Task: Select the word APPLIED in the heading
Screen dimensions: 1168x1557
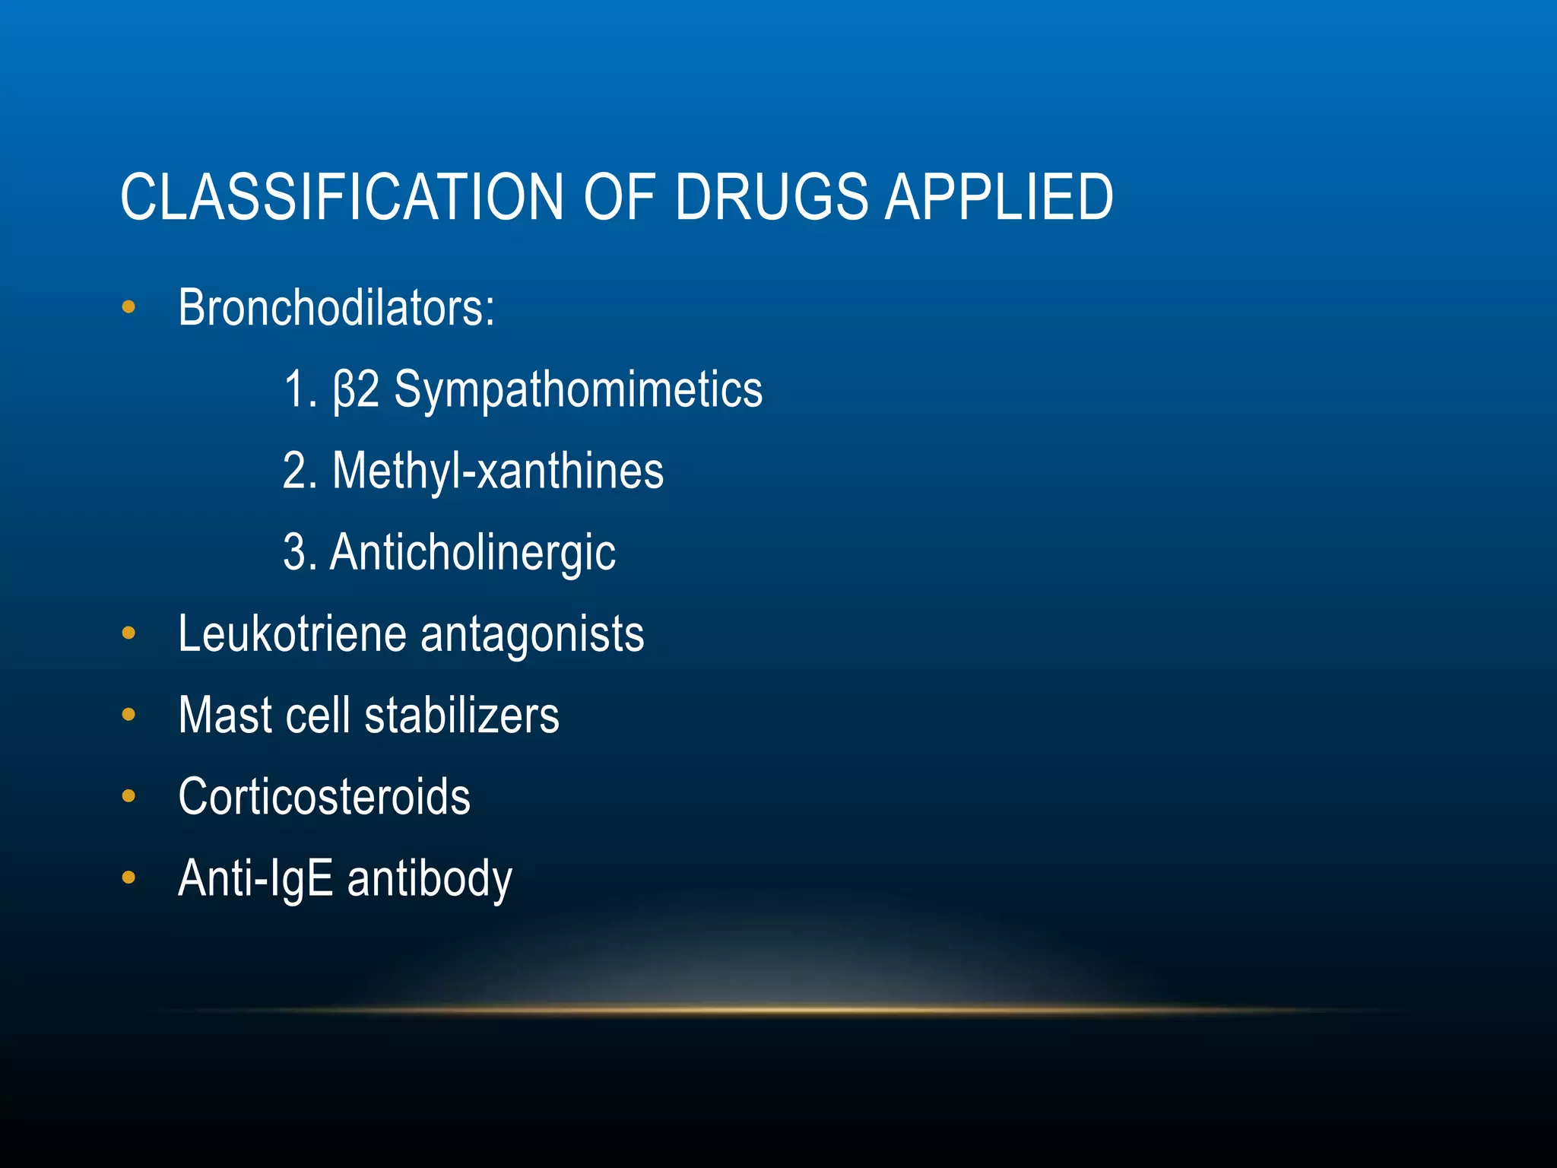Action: pyautogui.click(x=998, y=198)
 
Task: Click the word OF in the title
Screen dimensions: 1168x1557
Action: pyautogui.click(x=619, y=198)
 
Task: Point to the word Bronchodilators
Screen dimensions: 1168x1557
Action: pyautogui.click(x=335, y=309)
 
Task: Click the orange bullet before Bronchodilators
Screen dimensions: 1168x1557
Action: pyautogui.click(x=128, y=308)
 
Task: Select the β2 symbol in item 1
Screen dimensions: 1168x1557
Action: pyautogui.click(x=357, y=390)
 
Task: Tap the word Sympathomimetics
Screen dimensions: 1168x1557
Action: pyautogui.click(x=578, y=390)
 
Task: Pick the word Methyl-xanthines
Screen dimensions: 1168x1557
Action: pyautogui.click(x=498, y=471)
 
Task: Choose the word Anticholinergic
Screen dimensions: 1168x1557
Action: pyautogui.click(x=473, y=553)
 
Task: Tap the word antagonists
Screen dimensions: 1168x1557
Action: pyautogui.click(x=532, y=634)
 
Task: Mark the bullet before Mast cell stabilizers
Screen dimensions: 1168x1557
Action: pyautogui.click(x=128, y=715)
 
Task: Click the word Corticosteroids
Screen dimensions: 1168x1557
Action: pyautogui.click(x=324, y=797)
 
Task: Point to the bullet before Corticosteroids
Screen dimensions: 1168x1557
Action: pyautogui.click(x=128, y=796)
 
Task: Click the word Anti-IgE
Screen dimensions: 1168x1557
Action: pyautogui.click(x=255, y=878)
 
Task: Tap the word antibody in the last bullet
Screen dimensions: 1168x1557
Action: pyautogui.click(x=430, y=878)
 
